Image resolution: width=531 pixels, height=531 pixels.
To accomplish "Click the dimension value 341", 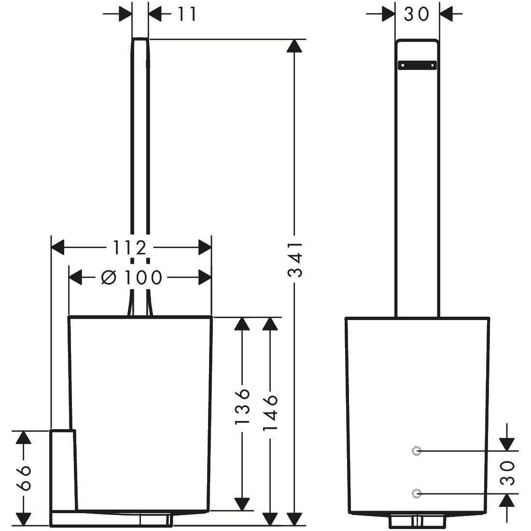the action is point(294,259).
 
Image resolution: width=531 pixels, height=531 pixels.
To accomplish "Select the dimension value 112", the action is point(129,248).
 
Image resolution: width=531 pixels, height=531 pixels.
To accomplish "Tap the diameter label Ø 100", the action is point(132,278).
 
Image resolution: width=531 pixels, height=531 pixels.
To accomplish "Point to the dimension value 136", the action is point(242,406).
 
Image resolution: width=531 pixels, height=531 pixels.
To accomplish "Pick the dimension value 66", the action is point(24,478).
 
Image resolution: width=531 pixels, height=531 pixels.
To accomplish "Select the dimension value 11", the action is point(187,14).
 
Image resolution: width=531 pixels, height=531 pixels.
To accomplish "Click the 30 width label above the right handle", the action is point(417,14).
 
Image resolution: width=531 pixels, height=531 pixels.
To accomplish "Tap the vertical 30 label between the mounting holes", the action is point(507,473).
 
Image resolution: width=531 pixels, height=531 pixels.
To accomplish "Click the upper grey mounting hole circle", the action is point(417,451).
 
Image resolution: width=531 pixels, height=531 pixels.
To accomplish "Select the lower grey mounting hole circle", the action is point(417,494).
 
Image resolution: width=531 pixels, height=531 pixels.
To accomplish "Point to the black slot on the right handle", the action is point(417,65).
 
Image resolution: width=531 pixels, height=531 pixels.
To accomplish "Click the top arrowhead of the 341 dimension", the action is point(294,46).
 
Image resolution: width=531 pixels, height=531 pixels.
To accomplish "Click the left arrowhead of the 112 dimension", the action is point(57,248).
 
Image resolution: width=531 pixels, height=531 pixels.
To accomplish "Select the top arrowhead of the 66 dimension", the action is point(23,437).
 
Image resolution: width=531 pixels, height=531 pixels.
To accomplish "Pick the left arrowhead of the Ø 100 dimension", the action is point(75,278).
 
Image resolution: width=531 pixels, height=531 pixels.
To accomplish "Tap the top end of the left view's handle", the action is point(140,38).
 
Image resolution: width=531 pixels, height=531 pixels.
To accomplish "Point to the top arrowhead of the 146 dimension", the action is point(270,324).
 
